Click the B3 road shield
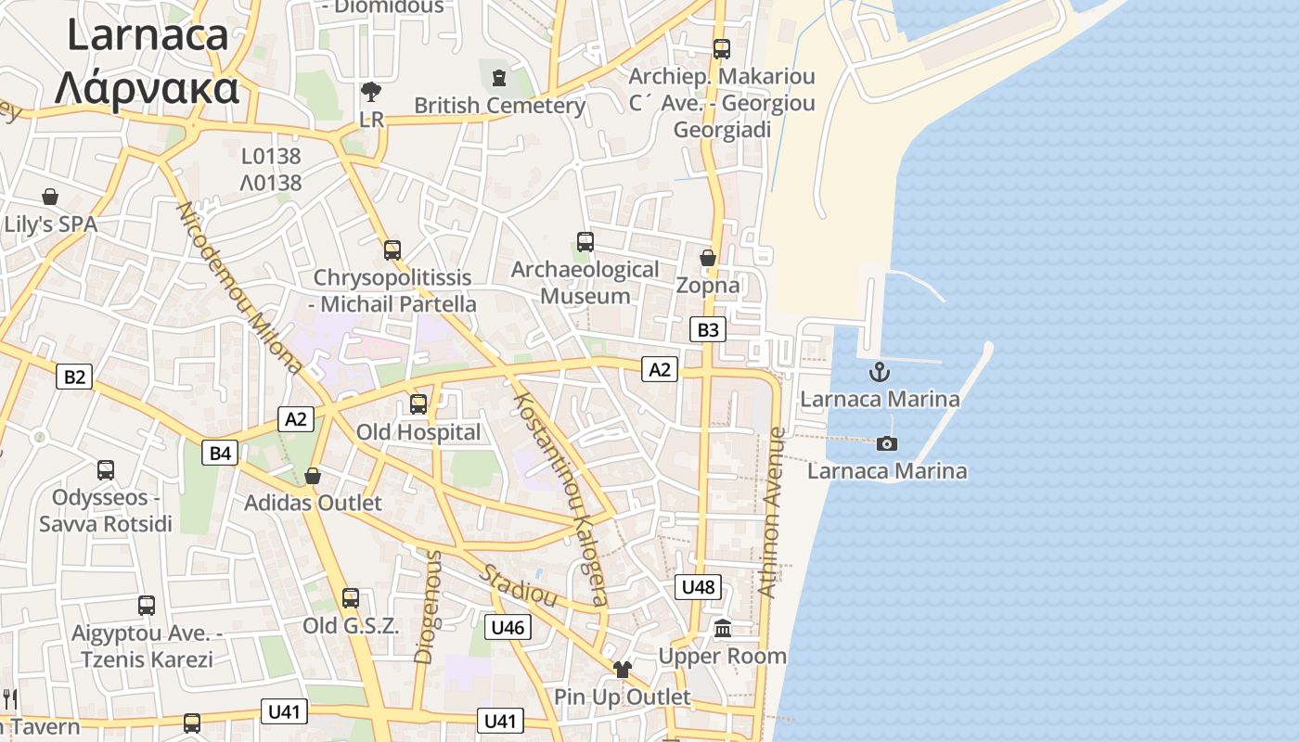coord(707,329)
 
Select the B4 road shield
coord(220,453)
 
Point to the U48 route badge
coord(698,586)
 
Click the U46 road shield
coord(508,627)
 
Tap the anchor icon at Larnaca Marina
coord(879,373)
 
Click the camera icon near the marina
coord(887,443)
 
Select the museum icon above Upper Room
coord(723,629)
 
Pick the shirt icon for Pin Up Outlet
coord(622,670)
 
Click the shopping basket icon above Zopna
coord(708,257)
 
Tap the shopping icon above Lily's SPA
coord(50,197)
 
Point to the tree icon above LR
coord(371,91)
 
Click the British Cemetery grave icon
coord(499,76)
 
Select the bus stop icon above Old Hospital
coord(418,404)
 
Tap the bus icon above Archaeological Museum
coord(585,241)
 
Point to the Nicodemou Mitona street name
coord(238,288)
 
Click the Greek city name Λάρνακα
coord(147,89)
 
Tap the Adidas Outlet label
coord(313,503)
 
